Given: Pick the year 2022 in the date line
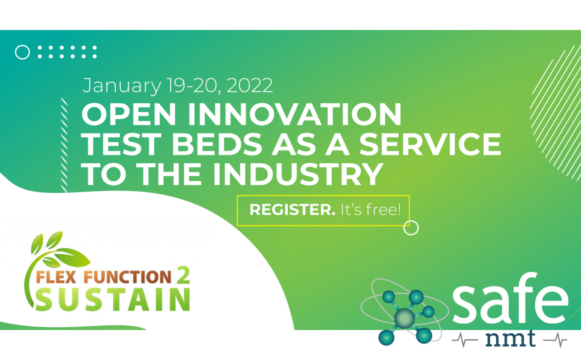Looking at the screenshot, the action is click(249, 85).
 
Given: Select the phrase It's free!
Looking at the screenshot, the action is click(370, 210).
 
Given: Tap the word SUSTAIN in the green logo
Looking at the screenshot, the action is click(113, 299).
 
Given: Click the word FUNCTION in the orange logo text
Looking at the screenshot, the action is click(128, 277).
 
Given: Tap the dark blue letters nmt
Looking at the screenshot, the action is click(510, 338).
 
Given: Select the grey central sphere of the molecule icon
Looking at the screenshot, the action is click(404, 318).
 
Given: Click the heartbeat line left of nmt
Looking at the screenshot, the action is click(465, 340).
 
